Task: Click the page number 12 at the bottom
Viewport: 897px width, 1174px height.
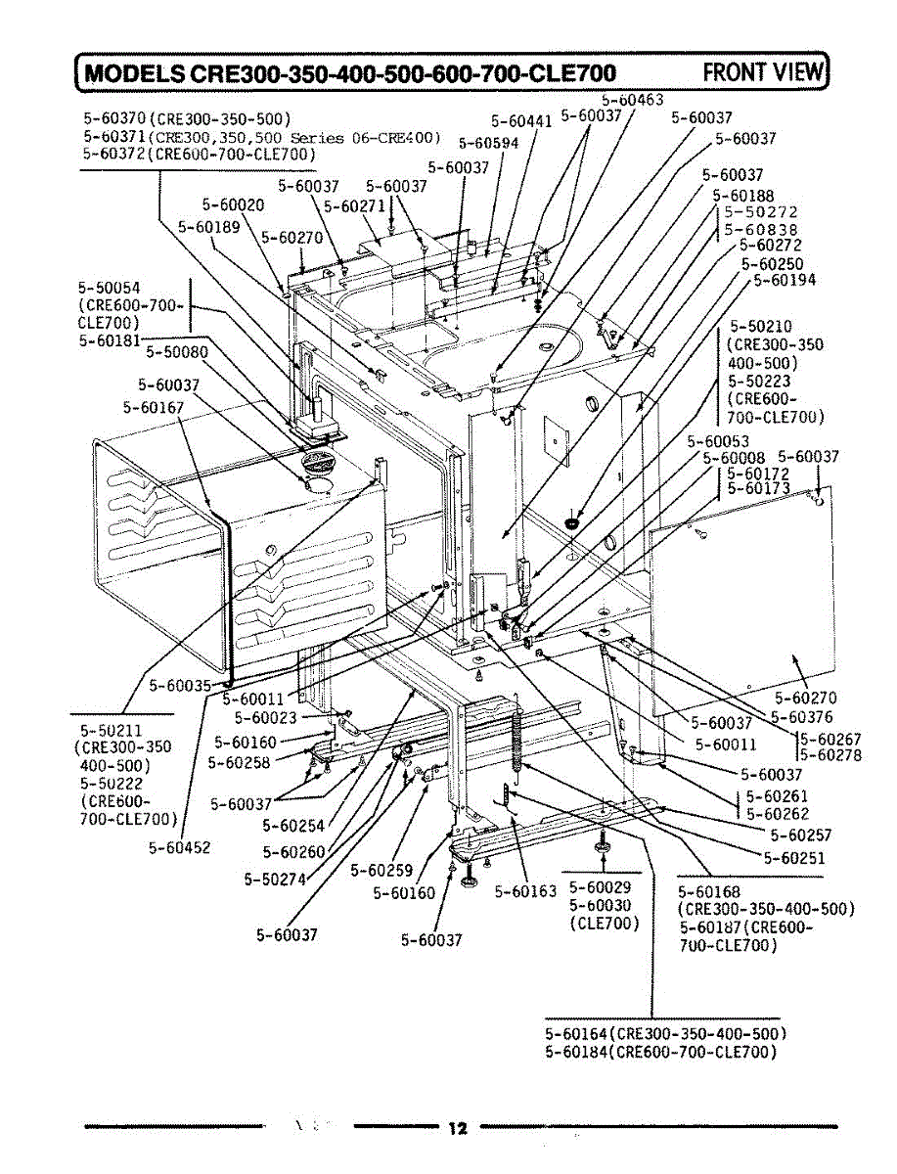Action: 456,1128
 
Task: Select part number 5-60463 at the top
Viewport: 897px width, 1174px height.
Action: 632,99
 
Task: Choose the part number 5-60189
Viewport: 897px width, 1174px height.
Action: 209,226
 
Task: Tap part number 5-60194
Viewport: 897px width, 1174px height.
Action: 784,280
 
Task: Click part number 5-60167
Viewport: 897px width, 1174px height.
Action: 155,406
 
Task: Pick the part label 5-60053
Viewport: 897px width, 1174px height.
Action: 718,442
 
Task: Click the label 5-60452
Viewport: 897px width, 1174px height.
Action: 180,847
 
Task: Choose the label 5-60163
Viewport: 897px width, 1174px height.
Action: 525,890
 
